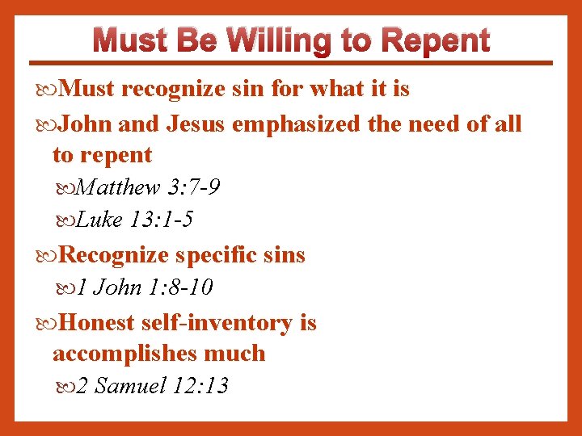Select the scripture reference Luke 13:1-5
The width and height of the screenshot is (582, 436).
(x=136, y=220)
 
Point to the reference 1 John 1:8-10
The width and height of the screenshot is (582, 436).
(x=145, y=287)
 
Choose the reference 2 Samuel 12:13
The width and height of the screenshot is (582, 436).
(x=153, y=386)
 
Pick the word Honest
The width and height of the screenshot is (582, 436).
(x=98, y=323)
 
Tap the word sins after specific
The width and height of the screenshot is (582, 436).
(x=285, y=255)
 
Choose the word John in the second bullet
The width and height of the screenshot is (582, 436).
(x=86, y=124)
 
